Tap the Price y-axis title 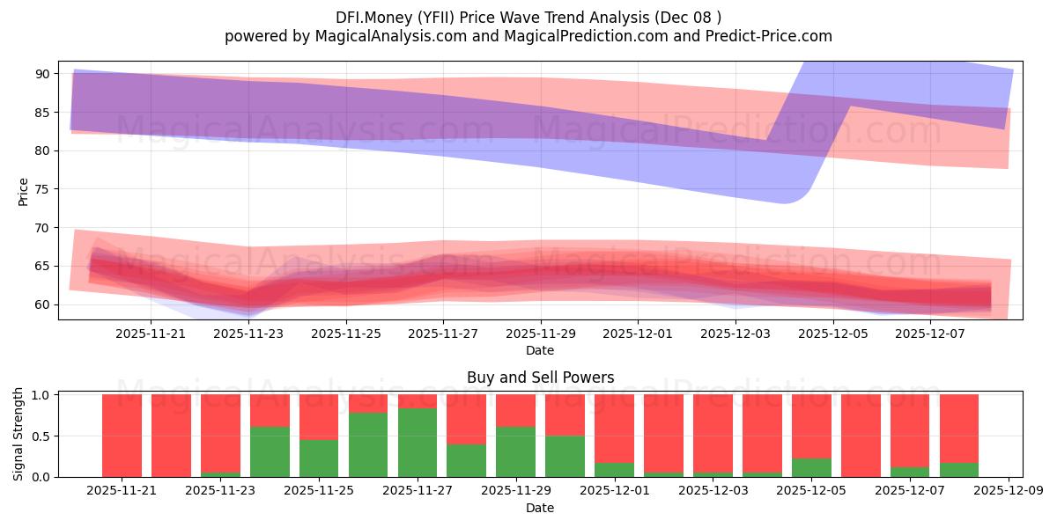(23, 191)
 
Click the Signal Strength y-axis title (18, 435)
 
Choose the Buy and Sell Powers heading (540, 378)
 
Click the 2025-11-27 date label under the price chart (443, 334)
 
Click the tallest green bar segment (418, 443)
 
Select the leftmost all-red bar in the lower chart (122, 436)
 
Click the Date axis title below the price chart (540, 350)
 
